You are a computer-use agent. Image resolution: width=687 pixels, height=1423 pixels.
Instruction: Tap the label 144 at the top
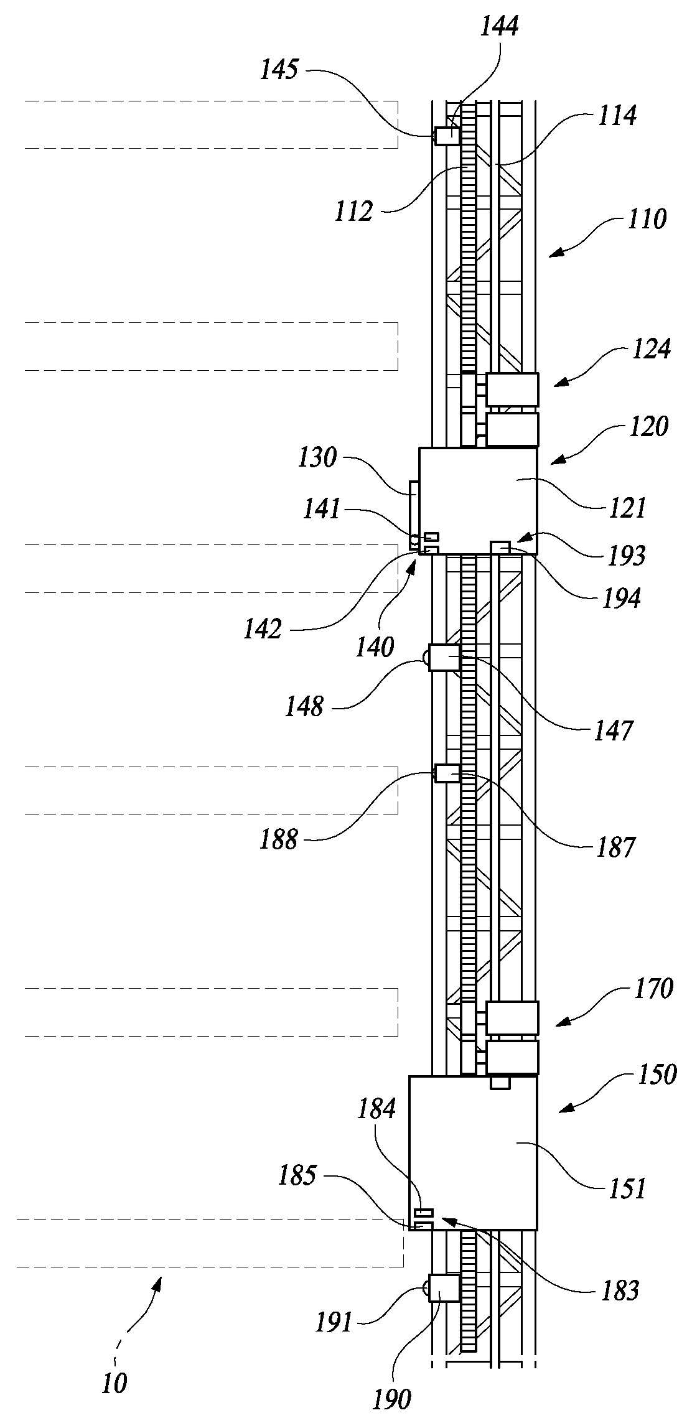pos(499,26)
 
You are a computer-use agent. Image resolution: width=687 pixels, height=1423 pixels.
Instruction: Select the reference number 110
pos(647,219)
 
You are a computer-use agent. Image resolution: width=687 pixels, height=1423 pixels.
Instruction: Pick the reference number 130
pos(317,459)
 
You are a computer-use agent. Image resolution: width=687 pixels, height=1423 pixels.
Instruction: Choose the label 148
pos(304,706)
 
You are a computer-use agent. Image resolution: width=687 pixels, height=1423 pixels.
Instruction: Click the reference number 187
pos(615,847)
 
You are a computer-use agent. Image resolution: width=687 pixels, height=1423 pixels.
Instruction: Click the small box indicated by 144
pos(447,136)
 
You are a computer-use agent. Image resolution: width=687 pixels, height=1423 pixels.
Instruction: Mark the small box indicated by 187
pos(447,773)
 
